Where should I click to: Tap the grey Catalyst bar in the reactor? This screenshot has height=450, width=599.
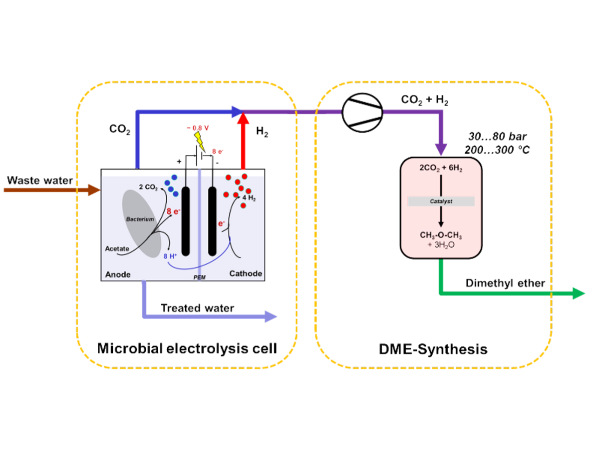441,201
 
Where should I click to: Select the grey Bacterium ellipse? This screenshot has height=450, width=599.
142,223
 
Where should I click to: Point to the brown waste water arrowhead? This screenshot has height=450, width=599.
94,190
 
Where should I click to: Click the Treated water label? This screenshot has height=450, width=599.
197,308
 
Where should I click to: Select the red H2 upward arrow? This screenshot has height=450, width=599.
244,142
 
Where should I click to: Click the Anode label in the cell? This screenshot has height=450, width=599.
118,274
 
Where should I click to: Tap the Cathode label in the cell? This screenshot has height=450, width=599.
245,273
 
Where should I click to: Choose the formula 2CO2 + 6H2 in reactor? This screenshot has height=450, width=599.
441,170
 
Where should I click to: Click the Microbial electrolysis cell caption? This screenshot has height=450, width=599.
187,348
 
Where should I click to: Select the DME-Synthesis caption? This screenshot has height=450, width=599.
433,348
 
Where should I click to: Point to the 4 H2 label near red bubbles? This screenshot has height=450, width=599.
249,197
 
